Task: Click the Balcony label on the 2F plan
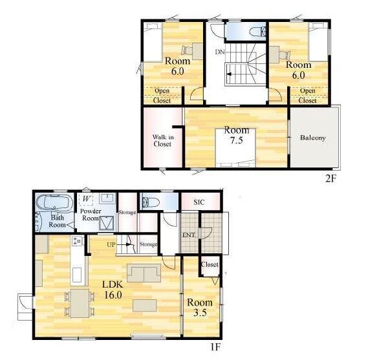tap(313, 138)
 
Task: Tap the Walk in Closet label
tap(163, 140)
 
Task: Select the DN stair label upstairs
tap(220, 52)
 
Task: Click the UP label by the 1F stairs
tap(111, 244)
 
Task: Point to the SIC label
tap(199, 202)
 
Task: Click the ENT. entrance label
tap(189, 235)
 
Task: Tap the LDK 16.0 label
tap(113, 290)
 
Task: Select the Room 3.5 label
tap(200, 308)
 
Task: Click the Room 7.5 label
tap(237, 135)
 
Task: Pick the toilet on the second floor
tap(257, 32)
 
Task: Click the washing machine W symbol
tap(87, 200)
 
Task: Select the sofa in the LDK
tap(144, 273)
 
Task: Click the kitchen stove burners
tap(77, 241)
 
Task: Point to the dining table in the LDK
tap(80, 303)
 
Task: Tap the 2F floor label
tap(330, 179)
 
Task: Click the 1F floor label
tap(215, 347)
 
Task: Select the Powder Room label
tap(91, 215)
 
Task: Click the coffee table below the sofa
tap(145, 306)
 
